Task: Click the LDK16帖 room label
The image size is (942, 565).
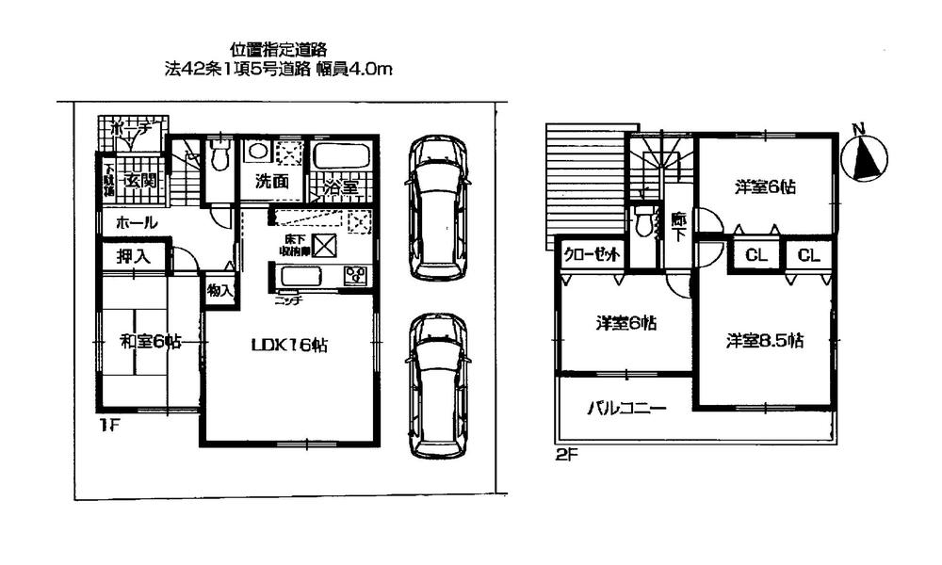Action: (x=289, y=345)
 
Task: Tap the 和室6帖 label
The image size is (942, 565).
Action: (x=150, y=341)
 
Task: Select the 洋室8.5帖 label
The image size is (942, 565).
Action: (x=764, y=341)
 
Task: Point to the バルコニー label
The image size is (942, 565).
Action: (x=626, y=409)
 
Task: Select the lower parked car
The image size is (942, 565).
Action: (x=439, y=386)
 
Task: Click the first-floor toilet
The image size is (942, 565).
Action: (x=219, y=156)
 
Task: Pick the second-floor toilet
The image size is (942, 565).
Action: (x=644, y=223)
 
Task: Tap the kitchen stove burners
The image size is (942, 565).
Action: (x=356, y=276)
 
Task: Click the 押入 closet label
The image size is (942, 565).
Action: (x=131, y=255)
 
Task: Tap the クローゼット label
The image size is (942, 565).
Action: (x=591, y=254)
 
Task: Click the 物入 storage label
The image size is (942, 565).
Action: (x=219, y=291)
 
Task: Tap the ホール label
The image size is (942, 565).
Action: (x=136, y=223)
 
